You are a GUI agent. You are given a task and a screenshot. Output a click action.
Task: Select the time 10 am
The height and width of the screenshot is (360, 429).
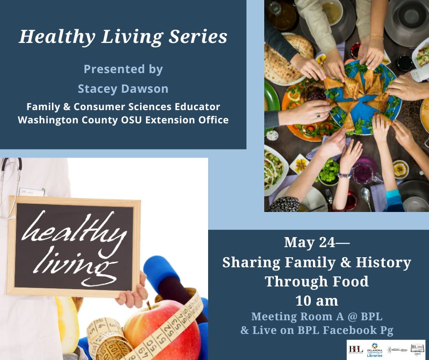pyautogui.click(x=317, y=301)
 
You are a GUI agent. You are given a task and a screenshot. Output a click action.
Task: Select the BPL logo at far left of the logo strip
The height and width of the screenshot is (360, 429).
pyautogui.click(x=355, y=349)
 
